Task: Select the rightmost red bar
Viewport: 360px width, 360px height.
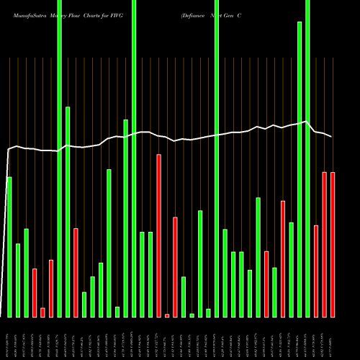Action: pos(333,245)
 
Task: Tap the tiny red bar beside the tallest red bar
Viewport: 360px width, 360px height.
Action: pos(167,315)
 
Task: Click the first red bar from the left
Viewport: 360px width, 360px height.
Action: pos(35,292)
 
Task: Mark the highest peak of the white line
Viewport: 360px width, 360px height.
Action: pos(307,121)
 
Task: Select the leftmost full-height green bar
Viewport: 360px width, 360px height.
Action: pos(59,158)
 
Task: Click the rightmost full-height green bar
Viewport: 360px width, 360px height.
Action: pos(307,158)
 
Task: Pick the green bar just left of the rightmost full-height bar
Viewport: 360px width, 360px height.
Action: pos(300,169)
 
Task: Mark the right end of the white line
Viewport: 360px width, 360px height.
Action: pos(332,137)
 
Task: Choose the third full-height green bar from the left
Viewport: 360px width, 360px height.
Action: pos(217,158)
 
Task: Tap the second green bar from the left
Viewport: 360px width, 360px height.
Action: pos(18,280)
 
